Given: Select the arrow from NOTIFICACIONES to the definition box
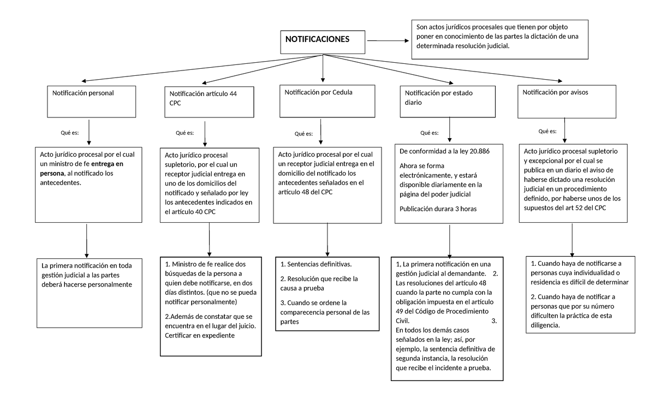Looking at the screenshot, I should coord(388,40).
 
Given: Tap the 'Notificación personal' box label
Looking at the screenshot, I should coord(83,93).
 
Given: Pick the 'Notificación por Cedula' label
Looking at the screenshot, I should coord(319,92).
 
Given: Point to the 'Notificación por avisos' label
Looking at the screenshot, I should coord(556,92).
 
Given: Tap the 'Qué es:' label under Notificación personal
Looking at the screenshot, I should coord(70,133).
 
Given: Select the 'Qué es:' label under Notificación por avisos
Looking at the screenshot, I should coord(547,132).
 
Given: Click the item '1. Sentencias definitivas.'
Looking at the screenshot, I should coord(315,264).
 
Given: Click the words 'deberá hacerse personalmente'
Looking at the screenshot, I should coord(86,285).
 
